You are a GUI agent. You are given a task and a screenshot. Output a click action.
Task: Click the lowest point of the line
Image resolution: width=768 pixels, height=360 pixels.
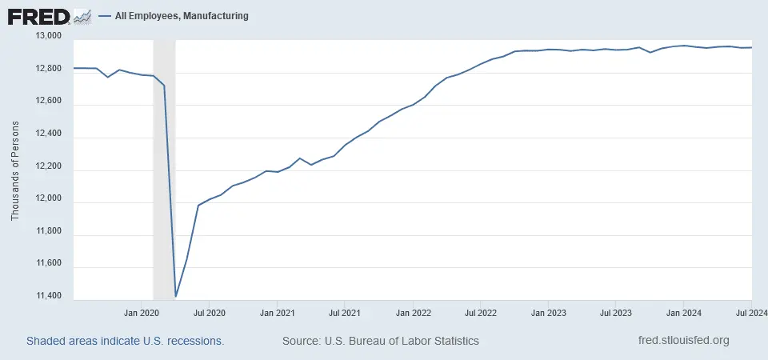click(x=176, y=296)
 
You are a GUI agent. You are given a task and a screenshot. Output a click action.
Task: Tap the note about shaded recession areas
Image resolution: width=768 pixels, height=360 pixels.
click(x=125, y=341)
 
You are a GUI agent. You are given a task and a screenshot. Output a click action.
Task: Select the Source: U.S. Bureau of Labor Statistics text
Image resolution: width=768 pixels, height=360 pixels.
click(x=381, y=341)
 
